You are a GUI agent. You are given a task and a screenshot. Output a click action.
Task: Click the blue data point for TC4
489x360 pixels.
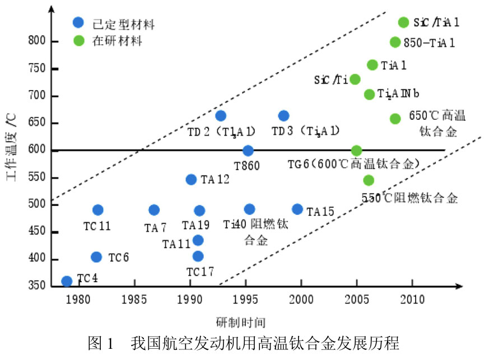tap(67, 281)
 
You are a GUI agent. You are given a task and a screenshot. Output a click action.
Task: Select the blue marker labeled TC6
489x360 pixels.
tap(96, 257)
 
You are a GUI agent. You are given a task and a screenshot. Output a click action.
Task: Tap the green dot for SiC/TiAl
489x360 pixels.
tap(403, 22)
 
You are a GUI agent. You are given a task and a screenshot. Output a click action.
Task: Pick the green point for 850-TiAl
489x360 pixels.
tap(395, 42)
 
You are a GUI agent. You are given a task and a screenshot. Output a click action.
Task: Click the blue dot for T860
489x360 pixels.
tap(248, 151)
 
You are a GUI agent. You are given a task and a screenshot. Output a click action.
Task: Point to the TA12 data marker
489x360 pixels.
tap(191, 180)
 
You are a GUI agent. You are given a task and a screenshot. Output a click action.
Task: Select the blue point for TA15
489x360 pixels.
tap(297, 209)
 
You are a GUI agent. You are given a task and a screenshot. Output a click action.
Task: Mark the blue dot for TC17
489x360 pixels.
tap(198, 256)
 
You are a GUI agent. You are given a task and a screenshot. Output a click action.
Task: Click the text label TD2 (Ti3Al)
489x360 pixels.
tap(221, 132)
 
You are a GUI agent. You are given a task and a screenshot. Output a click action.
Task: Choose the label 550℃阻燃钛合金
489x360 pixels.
tap(409, 198)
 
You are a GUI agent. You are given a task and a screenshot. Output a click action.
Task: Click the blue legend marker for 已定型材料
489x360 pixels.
tap(78, 23)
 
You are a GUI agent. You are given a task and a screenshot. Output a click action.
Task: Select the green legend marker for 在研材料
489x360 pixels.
tap(78, 40)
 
